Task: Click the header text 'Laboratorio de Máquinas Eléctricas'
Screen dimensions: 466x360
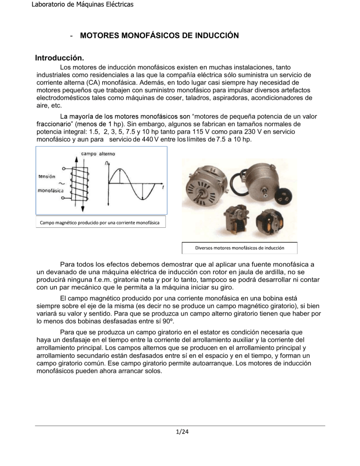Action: (67, 5)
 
